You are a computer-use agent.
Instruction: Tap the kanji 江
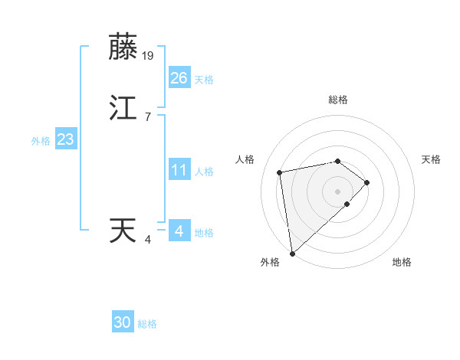click(124, 108)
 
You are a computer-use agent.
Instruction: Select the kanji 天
click(124, 231)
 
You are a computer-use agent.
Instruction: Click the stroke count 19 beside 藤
click(149, 55)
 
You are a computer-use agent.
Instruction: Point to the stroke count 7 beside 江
click(147, 117)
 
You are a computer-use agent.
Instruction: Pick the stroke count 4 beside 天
click(147, 240)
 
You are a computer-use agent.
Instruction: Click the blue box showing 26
click(179, 78)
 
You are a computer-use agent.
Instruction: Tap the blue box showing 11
click(179, 170)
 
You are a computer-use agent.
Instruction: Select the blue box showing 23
click(65, 139)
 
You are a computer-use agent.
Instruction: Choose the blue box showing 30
click(123, 322)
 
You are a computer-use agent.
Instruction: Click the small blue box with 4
click(179, 231)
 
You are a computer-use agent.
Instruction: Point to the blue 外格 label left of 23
click(41, 141)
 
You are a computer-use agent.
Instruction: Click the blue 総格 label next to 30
click(147, 324)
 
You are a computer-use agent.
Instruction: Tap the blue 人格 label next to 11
click(204, 172)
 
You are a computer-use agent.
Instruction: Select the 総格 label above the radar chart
click(337, 100)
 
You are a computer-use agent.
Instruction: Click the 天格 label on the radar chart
click(432, 159)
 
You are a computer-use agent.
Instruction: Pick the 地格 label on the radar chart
click(402, 262)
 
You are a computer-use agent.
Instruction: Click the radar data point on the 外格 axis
click(291, 253)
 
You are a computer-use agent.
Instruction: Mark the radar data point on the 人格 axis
click(280, 172)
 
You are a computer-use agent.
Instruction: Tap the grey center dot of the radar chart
click(337, 191)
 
